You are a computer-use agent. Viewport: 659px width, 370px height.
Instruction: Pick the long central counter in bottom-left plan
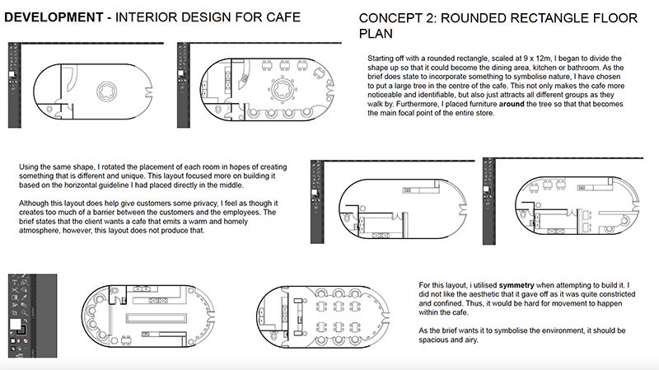pos(155,316)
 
